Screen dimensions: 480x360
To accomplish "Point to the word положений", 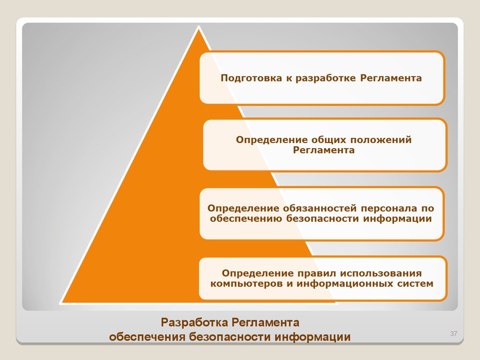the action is tap(381, 140).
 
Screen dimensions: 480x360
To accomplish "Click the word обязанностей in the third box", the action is tap(320, 209).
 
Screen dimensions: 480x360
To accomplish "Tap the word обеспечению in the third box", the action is tap(246, 219).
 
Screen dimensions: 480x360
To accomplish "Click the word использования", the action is tap(381, 273).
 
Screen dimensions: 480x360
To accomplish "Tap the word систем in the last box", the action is tap(415, 284).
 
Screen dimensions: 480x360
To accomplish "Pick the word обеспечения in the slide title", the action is tap(147, 337).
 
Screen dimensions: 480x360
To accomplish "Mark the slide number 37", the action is tap(454, 333).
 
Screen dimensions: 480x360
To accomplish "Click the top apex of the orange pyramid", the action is tap(199, 27).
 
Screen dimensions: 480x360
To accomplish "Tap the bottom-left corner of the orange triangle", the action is tap(61, 302).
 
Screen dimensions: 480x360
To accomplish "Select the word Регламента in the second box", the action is tap(323, 150).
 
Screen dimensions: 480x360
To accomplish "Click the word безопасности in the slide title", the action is tap(230, 337).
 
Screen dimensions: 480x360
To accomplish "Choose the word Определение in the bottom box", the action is tap(258, 273).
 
